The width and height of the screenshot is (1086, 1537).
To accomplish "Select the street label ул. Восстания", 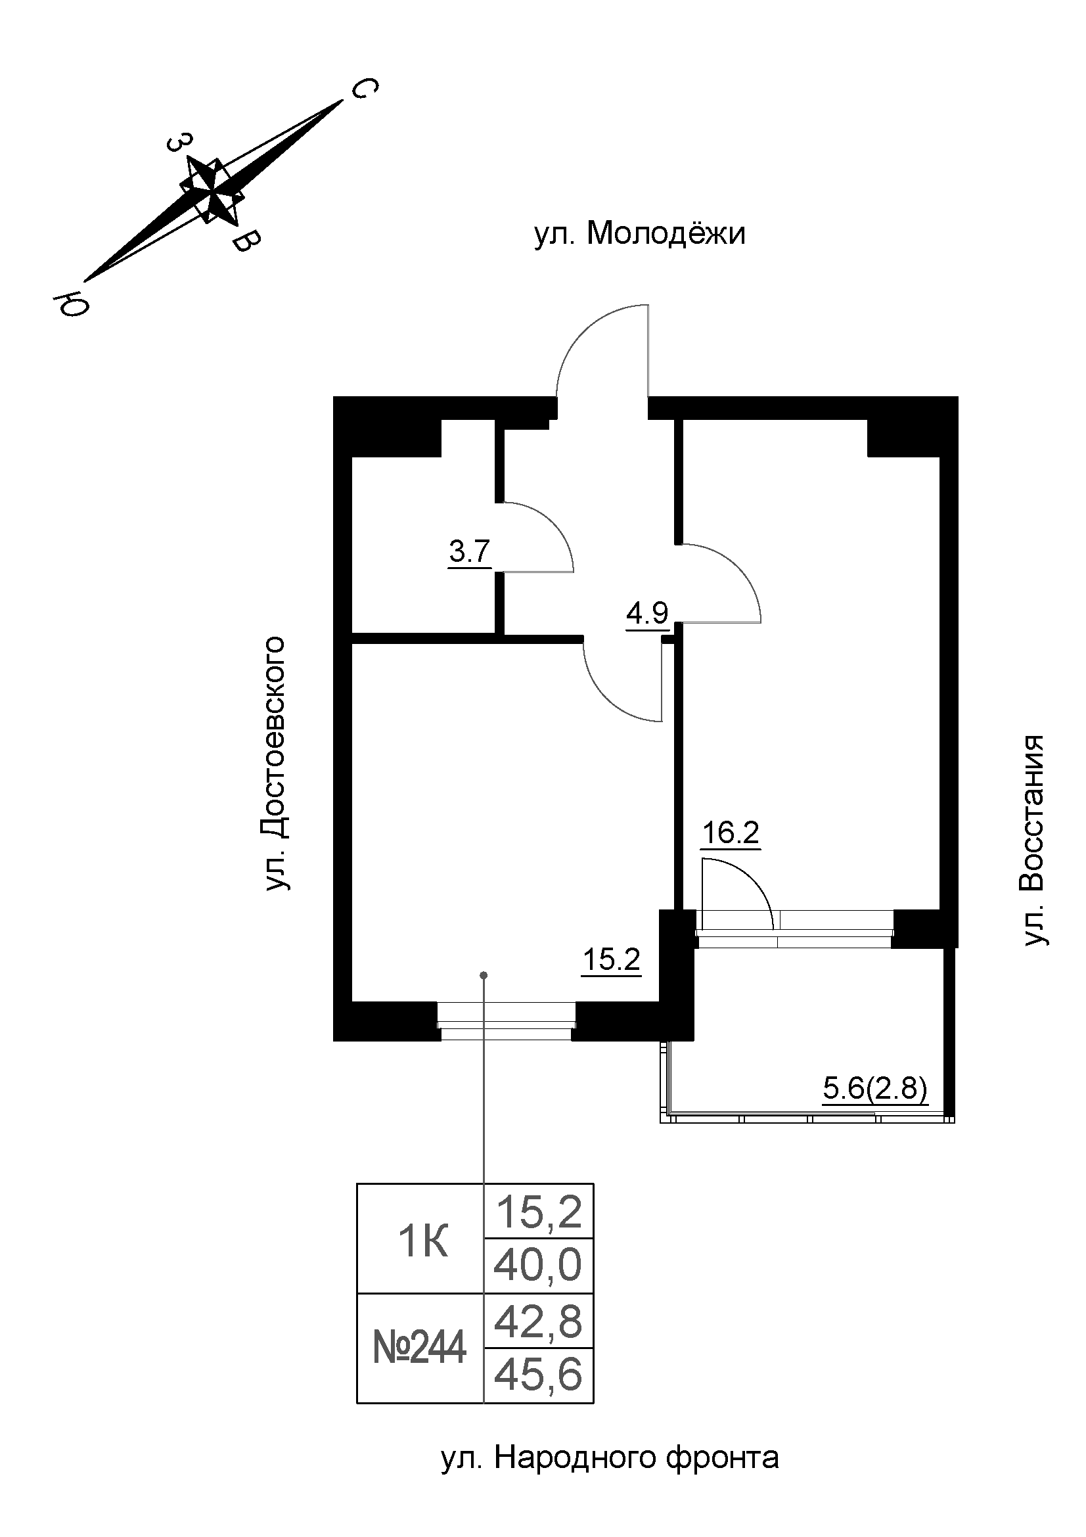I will point(1033,841).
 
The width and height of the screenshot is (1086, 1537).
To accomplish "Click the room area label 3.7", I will point(470,553).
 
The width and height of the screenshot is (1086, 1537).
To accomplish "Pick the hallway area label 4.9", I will point(647,612).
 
